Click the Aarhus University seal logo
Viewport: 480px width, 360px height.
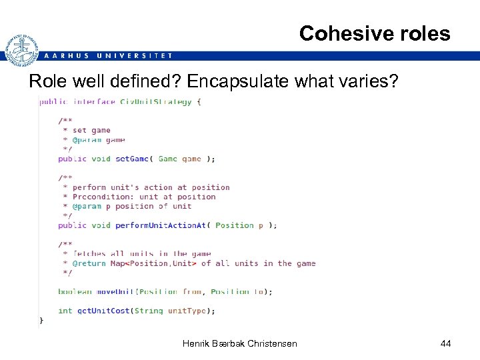(x=21, y=50)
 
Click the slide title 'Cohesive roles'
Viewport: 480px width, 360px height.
(x=375, y=33)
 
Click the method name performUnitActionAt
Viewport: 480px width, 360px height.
(x=161, y=225)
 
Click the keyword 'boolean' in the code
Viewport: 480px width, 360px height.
(x=75, y=291)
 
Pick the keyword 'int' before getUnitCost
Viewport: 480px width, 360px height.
(x=65, y=310)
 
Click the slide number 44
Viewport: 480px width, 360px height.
(x=445, y=343)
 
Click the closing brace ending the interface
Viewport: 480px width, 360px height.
(x=41, y=321)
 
